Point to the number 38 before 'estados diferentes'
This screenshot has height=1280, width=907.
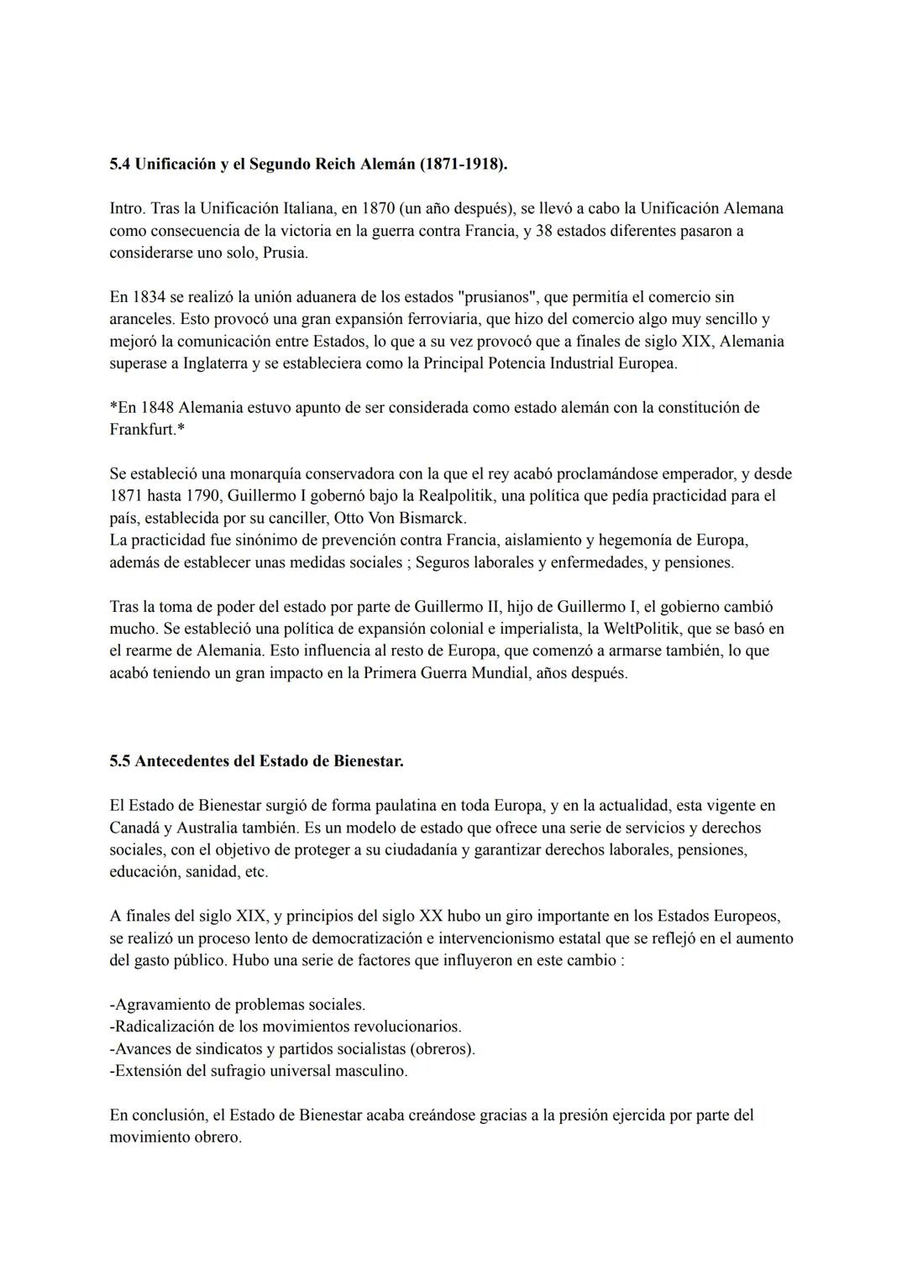[x=543, y=230]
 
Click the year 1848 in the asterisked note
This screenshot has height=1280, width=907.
[x=157, y=408]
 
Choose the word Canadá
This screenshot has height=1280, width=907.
[x=134, y=828]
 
